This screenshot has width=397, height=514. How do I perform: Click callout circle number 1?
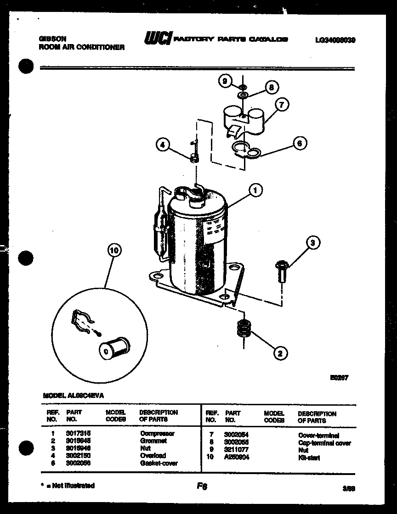pos(255,190)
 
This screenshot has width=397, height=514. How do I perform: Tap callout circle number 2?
pos(280,353)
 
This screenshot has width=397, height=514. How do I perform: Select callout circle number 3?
pos(312,243)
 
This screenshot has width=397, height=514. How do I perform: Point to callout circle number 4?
pos(162,145)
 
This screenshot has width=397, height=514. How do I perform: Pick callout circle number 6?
pos(299,144)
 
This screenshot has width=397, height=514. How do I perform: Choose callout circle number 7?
pos(281,105)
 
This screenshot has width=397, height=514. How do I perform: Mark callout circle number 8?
pos(271,87)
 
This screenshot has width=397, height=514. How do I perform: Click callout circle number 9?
pos(225,81)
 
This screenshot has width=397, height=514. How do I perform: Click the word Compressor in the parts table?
pos(157,433)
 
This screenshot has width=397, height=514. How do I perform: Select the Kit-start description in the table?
pos(309,458)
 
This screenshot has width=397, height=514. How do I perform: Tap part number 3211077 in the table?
pos(237,450)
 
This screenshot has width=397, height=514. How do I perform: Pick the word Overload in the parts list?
pos(153,456)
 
